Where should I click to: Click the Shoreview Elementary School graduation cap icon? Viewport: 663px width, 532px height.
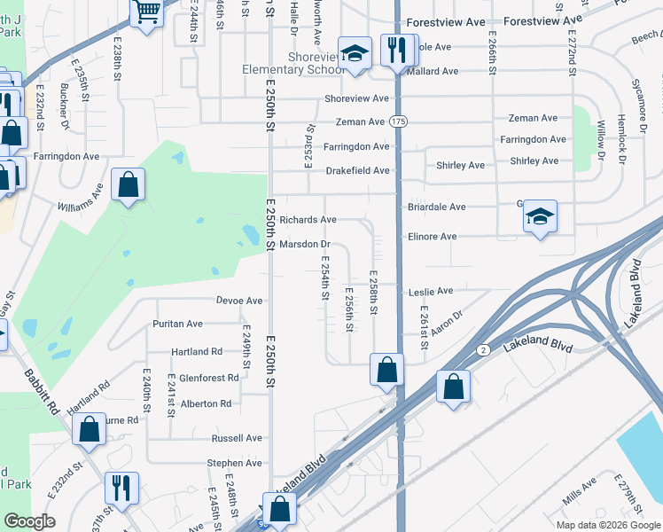[355, 52]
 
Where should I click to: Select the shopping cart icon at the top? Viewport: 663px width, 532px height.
[147, 12]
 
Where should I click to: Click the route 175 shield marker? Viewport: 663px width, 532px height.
[399, 121]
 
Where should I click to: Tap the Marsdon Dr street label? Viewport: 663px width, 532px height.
[305, 244]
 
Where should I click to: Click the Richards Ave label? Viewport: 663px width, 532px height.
[308, 219]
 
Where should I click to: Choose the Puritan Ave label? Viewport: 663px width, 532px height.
[177, 325]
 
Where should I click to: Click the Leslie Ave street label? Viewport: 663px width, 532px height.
[431, 291]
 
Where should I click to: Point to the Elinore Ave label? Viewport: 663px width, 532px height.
[432, 237]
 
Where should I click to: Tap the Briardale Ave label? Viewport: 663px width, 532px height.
[436, 207]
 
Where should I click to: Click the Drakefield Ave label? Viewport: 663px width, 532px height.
[357, 170]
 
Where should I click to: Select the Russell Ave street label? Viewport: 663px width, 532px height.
[237, 438]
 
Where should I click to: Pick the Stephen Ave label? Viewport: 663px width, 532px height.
[234, 463]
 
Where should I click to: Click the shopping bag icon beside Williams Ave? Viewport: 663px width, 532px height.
[129, 186]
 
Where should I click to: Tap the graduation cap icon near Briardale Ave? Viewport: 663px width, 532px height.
[540, 216]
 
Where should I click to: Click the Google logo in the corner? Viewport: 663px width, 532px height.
[30, 521]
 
